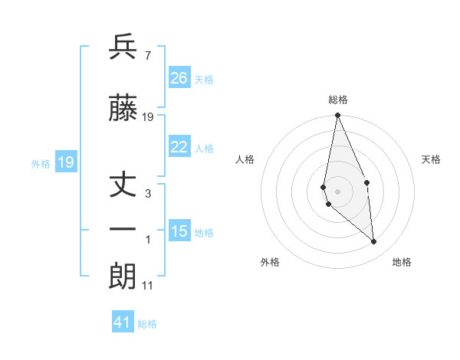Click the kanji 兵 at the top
tap(123, 47)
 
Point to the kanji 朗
tap(123, 277)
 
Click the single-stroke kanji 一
tap(123, 229)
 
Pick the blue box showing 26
tap(179, 78)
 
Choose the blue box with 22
tap(179, 148)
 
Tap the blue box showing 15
tap(179, 231)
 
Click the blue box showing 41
tap(123, 322)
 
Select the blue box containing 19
tap(65, 162)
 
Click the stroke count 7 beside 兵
tap(147, 56)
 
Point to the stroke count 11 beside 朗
tap(149, 286)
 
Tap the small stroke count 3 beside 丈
tap(148, 194)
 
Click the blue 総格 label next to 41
tap(147, 324)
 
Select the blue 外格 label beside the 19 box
tap(41, 163)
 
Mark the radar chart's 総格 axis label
tap(337, 100)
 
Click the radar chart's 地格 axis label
tap(402, 263)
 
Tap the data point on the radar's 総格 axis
tap(337, 116)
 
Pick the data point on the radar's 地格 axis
tap(374, 242)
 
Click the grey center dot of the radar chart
tap(337, 191)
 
